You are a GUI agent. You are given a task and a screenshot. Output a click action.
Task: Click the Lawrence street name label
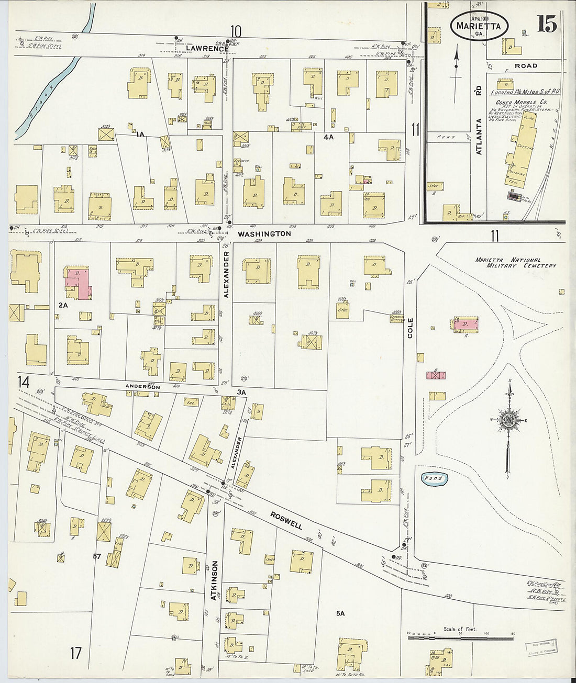click(x=207, y=48)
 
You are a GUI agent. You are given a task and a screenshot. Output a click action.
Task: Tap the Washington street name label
click(x=264, y=234)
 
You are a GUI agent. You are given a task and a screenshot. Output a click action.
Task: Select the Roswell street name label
click(x=286, y=520)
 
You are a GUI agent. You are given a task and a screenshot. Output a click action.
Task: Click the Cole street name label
click(x=410, y=328)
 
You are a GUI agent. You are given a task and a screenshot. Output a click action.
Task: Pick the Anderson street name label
click(x=142, y=386)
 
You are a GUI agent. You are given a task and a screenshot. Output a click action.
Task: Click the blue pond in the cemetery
click(x=434, y=478)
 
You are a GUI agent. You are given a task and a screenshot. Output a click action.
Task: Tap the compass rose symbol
click(x=508, y=421)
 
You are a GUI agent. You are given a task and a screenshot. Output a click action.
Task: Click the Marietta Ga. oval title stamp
click(x=479, y=26)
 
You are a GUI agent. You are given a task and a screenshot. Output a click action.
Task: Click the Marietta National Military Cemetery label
click(x=515, y=263)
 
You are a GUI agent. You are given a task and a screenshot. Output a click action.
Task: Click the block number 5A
click(x=340, y=613)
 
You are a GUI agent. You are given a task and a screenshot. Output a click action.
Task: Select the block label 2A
click(x=63, y=305)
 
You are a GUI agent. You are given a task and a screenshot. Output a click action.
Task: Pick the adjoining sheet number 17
click(x=76, y=653)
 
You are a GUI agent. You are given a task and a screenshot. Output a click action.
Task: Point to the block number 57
click(x=97, y=556)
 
